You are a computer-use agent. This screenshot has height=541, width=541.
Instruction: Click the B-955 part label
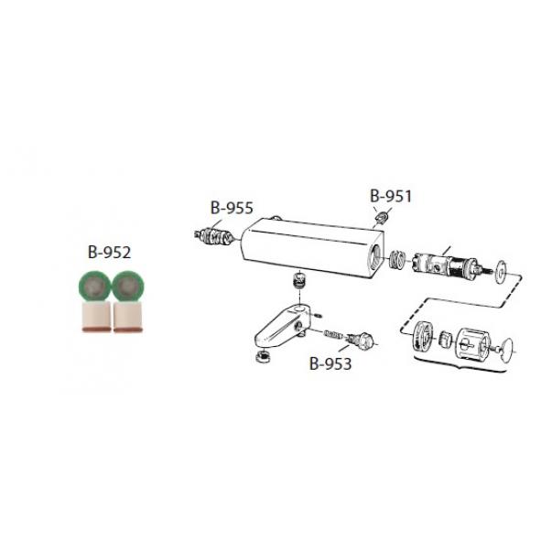(232, 208)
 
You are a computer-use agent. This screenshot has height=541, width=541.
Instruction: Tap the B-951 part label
(391, 196)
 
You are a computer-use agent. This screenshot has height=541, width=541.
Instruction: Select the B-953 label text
(330, 363)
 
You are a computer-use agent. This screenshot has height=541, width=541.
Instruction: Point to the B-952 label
(109, 253)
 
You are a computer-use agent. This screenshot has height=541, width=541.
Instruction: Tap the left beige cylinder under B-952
(97, 317)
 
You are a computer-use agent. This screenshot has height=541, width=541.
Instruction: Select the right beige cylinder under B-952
(128, 317)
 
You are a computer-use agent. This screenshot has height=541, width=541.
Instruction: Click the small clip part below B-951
(382, 217)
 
